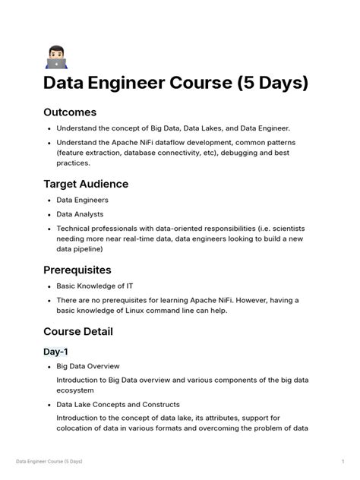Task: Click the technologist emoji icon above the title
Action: (56, 57)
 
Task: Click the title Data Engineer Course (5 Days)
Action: (175, 82)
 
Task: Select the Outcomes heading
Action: (70, 112)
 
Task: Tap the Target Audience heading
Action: (86, 184)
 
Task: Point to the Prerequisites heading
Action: (77, 270)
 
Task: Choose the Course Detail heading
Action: (78, 331)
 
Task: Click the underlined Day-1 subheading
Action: (55, 352)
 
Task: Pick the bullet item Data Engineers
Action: (83, 200)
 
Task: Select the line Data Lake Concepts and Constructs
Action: (118, 405)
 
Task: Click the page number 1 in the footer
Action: (343, 461)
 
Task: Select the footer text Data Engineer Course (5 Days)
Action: (49, 461)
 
